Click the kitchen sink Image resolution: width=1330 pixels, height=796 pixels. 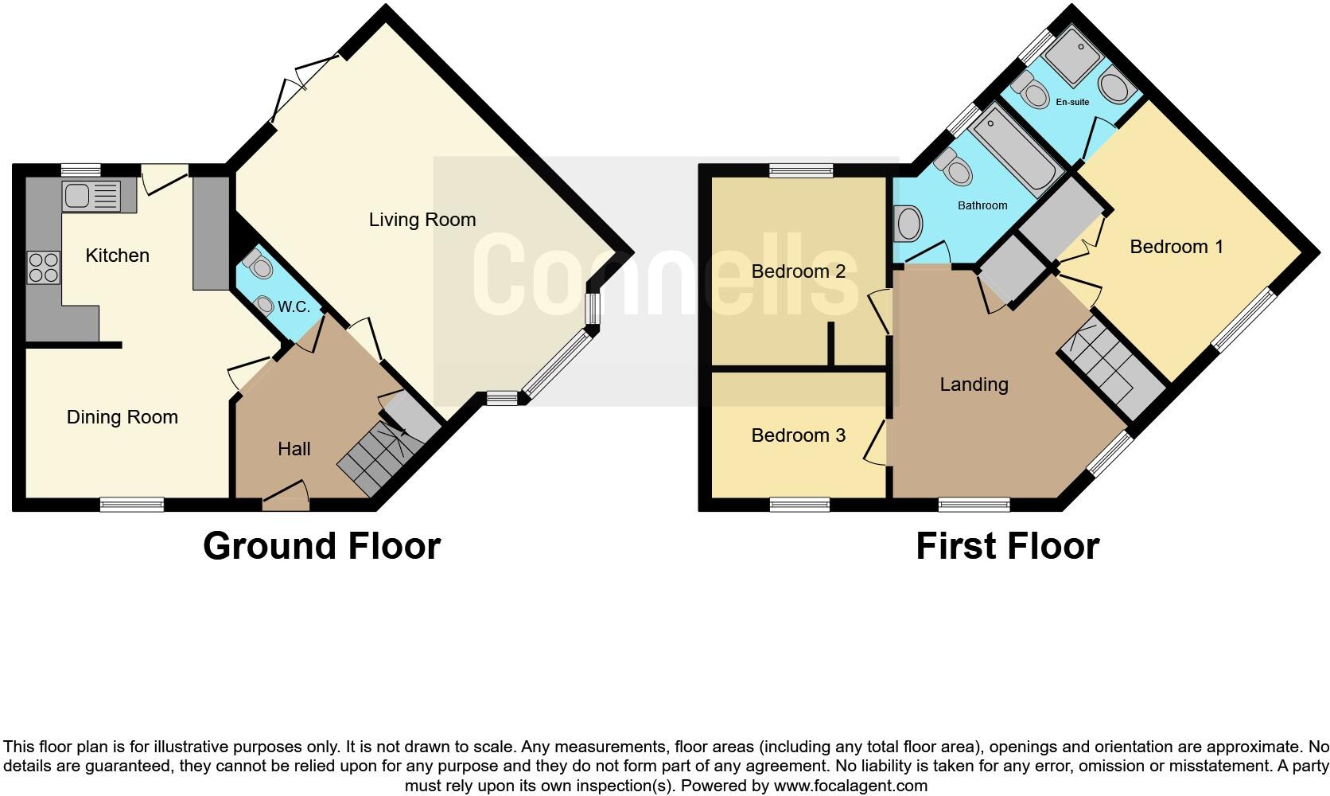[91, 195]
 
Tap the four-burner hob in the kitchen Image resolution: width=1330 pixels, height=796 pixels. [44, 267]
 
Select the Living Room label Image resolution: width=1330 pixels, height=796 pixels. [422, 220]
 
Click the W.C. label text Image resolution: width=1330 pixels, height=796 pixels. [294, 307]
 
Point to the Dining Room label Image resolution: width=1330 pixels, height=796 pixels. [122, 417]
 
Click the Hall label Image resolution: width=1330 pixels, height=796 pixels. [294, 449]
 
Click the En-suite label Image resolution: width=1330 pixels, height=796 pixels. [1072, 102]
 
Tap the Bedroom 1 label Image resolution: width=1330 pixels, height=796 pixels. [1176, 247]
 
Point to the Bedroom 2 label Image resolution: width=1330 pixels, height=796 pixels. [798, 271]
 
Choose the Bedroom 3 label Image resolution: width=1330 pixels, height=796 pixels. [798, 435]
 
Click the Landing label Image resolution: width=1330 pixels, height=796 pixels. [974, 384]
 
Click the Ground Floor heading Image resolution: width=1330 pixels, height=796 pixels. [321, 546]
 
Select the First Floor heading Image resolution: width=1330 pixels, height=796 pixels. [1007, 546]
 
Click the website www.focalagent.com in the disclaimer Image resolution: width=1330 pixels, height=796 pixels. [850, 786]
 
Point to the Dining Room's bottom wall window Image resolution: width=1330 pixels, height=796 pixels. [132, 504]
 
